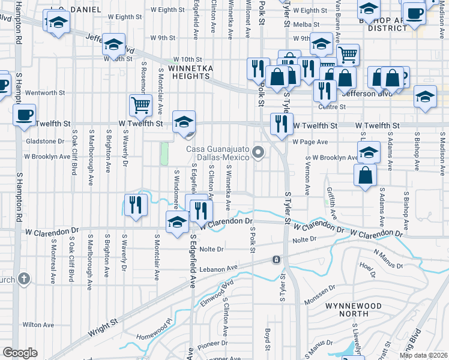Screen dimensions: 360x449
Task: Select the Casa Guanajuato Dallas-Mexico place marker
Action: [259, 152]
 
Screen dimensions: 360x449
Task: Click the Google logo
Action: [20, 352]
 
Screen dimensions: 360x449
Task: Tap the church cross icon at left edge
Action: [23, 278]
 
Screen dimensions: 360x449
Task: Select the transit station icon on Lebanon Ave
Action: [276, 260]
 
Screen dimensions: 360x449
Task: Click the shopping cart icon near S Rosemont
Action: [141, 104]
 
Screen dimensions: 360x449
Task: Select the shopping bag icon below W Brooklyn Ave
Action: [365, 176]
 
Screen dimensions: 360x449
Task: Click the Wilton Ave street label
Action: [39, 325]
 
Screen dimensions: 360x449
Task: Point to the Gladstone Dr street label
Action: [44, 141]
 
